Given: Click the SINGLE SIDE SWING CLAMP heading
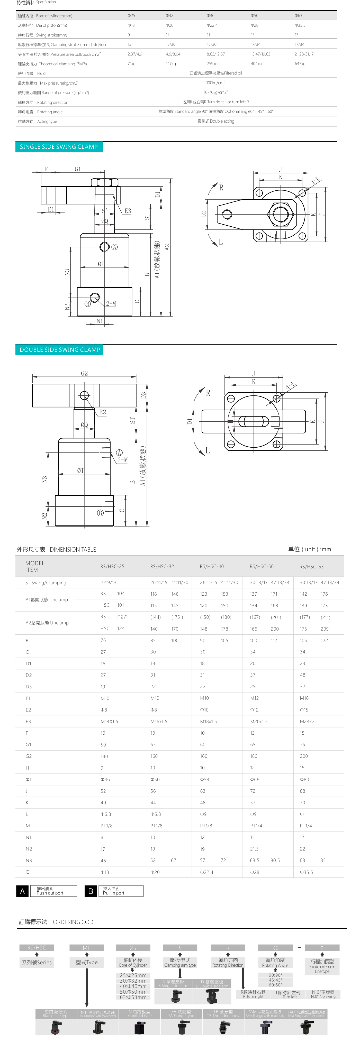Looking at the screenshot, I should [59, 147].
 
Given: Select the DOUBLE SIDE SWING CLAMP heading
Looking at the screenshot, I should [60, 350].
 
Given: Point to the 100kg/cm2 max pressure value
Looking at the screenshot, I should [216, 83].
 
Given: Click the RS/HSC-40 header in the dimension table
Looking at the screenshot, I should [212, 567].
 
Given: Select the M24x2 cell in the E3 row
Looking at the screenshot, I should [307, 722].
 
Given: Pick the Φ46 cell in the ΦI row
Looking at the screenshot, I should [105, 779].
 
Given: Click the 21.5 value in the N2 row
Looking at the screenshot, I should [254, 849].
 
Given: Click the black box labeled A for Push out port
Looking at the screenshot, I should [22, 891].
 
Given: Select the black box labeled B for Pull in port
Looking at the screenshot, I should [91, 891].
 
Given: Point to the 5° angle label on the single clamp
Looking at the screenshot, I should [105, 211].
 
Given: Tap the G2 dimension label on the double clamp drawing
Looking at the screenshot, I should [84, 373].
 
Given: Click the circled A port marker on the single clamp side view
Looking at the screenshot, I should [115, 247].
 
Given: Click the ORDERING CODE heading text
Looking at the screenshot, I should [75, 922].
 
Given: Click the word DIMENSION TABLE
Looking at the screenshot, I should [73, 550].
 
